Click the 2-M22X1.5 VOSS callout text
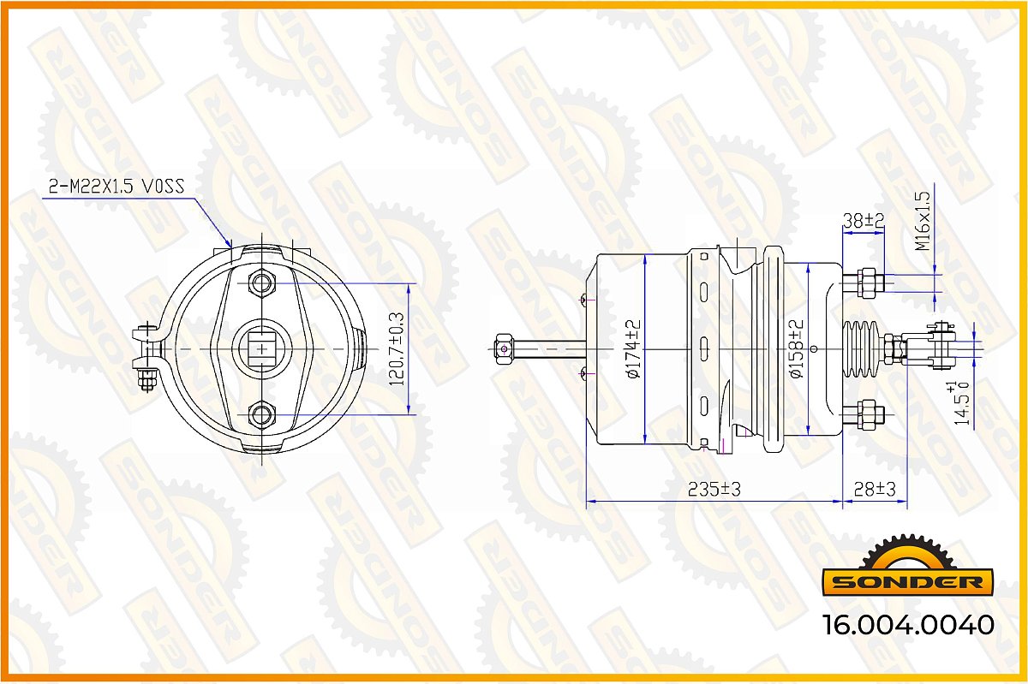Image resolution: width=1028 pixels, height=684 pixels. [x=117, y=187]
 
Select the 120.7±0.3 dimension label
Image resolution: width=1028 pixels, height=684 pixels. [x=397, y=348]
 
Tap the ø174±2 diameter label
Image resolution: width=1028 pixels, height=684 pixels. [x=633, y=349]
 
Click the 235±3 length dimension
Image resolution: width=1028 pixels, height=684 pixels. [x=714, y=490]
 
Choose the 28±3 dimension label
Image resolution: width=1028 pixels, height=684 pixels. [x=875, y=490]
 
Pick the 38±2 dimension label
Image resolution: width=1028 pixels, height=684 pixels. [x=864, y=221]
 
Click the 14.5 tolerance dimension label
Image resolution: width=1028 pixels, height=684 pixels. [x=961, y=402]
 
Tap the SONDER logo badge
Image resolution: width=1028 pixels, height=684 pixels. [x=907, y=566]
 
